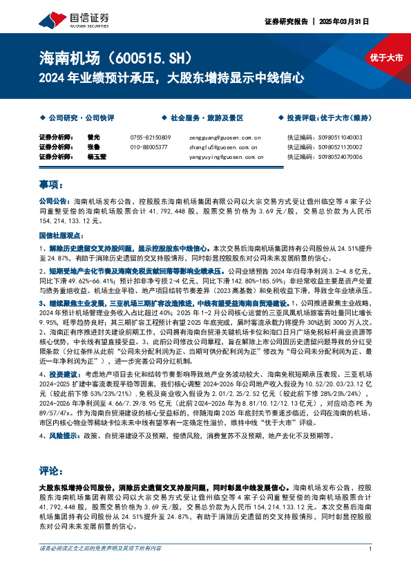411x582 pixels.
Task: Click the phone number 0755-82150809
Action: pyautogui.click(x=150, y=137)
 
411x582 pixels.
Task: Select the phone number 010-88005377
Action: pyautogui.click(x=149, y=147)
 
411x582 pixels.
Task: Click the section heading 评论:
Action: pyautogui.click(x=51, y=471)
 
